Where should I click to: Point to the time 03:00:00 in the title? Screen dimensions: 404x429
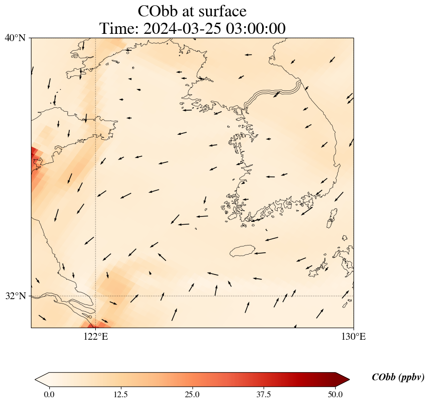(254, 29)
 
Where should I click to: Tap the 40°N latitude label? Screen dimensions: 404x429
(15, 38)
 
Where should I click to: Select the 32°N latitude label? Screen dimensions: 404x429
(15, 296)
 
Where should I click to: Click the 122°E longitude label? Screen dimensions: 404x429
(96, 336)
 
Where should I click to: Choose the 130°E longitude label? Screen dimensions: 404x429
(354, 336)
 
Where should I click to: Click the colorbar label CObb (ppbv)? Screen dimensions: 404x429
(398, 377)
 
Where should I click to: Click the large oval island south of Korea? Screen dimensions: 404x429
(242, 251)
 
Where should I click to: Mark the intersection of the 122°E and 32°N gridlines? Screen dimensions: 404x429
(96, 296)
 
